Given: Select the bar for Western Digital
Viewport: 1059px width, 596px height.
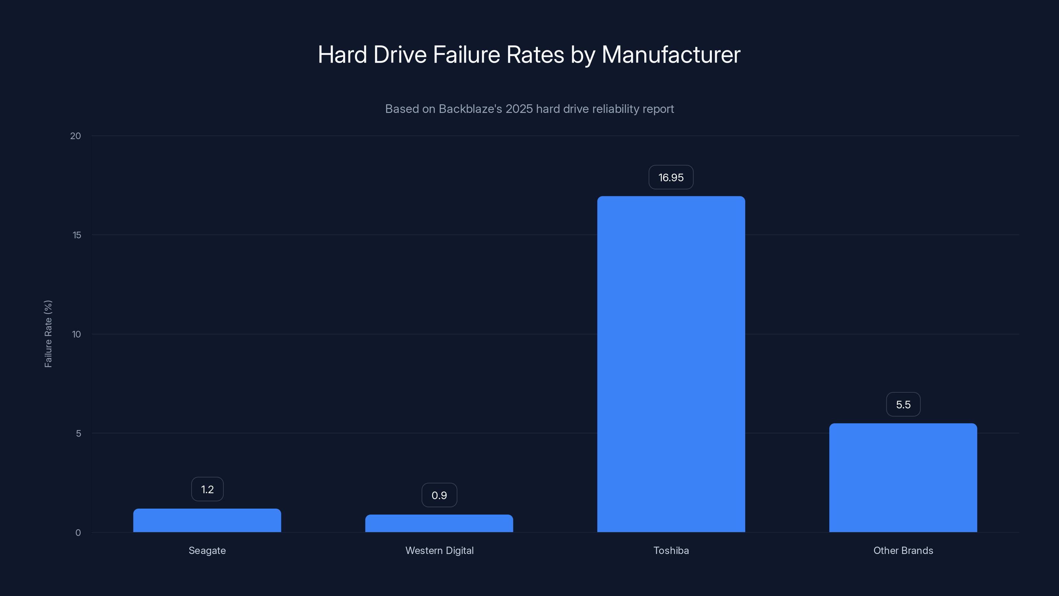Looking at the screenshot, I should coord(439,523).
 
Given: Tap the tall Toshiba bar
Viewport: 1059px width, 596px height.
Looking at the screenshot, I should coord(671,364).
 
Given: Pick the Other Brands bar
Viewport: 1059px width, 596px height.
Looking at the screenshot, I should coord(903,477).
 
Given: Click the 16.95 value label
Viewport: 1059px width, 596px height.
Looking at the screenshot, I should coord(671,177).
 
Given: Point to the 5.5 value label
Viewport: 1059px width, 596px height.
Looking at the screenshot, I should coord(903,404).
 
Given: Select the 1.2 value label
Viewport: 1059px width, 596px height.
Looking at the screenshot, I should coord(207,489).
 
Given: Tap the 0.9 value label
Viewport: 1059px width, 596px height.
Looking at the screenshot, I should coord(439,495).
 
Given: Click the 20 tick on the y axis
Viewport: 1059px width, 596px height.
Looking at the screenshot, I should coord(76,136).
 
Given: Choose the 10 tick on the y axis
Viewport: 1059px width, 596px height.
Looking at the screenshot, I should coord(76,334).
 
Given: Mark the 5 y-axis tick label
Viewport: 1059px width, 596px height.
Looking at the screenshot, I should coord(78,433).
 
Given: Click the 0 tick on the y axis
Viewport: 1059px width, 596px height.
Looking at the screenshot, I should coord(78,533).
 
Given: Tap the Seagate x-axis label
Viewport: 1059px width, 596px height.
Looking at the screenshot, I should coord(207,550).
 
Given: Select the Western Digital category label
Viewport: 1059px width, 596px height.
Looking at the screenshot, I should coord(439,550).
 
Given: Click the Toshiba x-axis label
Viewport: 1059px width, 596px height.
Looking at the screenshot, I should coord(671,550).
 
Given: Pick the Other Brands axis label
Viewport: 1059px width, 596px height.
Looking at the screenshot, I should coord(903,550).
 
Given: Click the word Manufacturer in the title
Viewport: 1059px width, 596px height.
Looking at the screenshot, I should coord(671,54).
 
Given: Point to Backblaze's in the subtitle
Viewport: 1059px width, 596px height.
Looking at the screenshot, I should coord(470,109).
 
